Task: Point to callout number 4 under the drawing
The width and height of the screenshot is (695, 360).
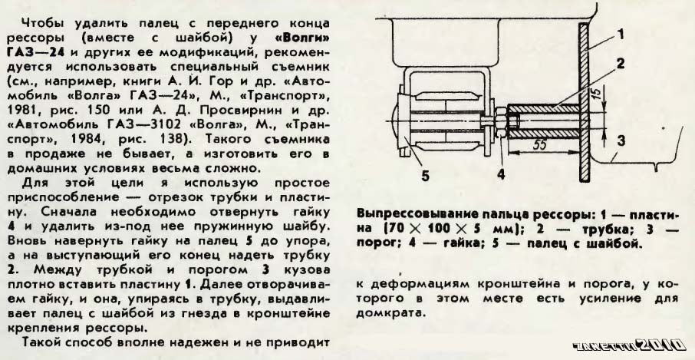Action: tap(500, 173)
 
